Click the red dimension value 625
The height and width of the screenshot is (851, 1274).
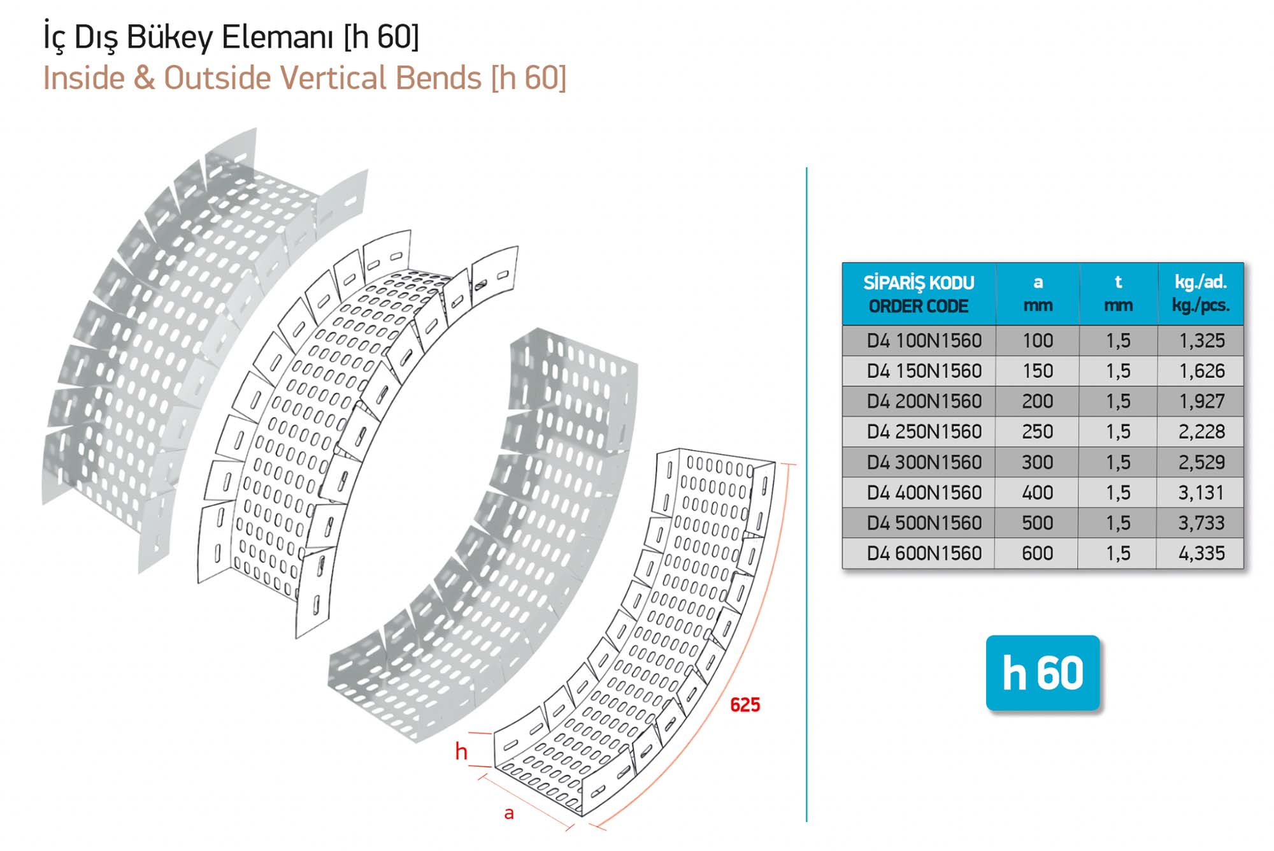(x=745, y=704)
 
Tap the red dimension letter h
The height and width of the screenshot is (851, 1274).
(x=461, y=752)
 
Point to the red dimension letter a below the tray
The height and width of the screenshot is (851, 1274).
(x=509, y=813)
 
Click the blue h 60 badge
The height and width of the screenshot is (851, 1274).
(x=1043, y=673)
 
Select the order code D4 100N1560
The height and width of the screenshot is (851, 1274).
(x=924, y=340)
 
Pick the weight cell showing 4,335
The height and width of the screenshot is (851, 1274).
(x=1201, y=553)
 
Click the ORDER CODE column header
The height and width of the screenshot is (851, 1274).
(x=919, y=306)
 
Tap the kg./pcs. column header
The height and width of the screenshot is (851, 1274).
(x=1201, y=305)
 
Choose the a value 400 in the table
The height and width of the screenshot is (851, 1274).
(x=1038, y=492)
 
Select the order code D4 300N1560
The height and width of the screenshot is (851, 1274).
(x=924, y=462)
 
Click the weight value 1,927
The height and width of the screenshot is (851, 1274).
(x=1201, y=401)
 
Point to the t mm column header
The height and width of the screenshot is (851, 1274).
(x=1118, y=293)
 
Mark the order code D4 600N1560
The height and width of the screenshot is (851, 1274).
(x=924, y=553)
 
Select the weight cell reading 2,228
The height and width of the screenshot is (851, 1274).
(x=1201, y=432)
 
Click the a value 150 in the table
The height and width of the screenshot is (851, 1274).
(x=1038, y=371)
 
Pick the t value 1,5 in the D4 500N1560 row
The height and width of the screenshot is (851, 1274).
(x=1118, y=523)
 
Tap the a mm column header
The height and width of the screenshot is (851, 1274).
(x=1038, y=293)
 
